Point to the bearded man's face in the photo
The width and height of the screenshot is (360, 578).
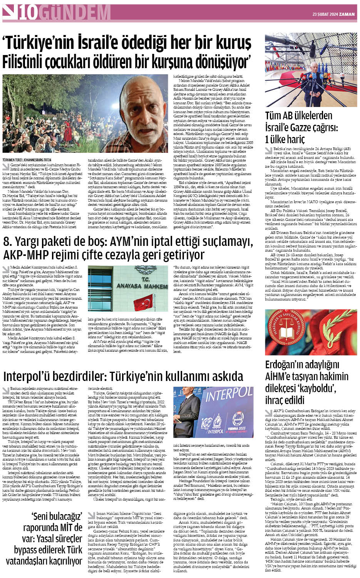click(146, 112)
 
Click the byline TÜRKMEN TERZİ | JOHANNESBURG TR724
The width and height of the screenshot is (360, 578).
click(27, 159)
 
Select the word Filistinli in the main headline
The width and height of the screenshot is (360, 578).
click(37, 61)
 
